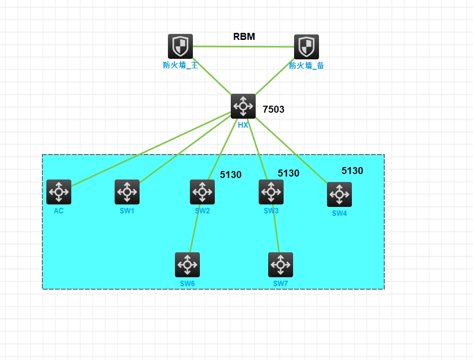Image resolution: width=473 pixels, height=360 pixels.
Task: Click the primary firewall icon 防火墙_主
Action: (180, 46)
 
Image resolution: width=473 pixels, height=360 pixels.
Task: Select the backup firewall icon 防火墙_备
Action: (307, 47)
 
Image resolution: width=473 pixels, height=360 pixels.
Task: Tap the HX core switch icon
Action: (243, 106)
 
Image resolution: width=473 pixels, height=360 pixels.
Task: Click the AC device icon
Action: (59, 192)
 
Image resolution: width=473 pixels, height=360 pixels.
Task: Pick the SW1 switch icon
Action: (127, 192)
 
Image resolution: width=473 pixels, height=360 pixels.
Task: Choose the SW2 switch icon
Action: (202, 192)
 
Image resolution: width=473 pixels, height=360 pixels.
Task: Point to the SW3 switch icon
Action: (271, 192)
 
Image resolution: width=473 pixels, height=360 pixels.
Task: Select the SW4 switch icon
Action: (339, 194)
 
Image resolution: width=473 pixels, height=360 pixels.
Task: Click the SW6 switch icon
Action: (187, 265)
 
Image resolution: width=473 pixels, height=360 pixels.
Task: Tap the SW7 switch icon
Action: (281, 265)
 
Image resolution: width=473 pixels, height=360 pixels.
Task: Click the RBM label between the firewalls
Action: (244, 36)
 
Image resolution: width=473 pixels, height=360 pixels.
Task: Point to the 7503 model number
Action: (274, 109)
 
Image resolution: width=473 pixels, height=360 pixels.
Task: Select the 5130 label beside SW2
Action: (231, 175)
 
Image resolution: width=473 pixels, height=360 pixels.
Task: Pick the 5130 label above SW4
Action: (352, 171)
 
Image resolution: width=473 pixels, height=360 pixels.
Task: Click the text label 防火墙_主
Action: (180, 65)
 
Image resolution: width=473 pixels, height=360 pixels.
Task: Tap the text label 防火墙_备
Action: (307, 65)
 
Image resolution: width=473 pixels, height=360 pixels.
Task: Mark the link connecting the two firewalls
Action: (243, 46)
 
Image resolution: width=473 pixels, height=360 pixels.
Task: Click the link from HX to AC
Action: (150, 150)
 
